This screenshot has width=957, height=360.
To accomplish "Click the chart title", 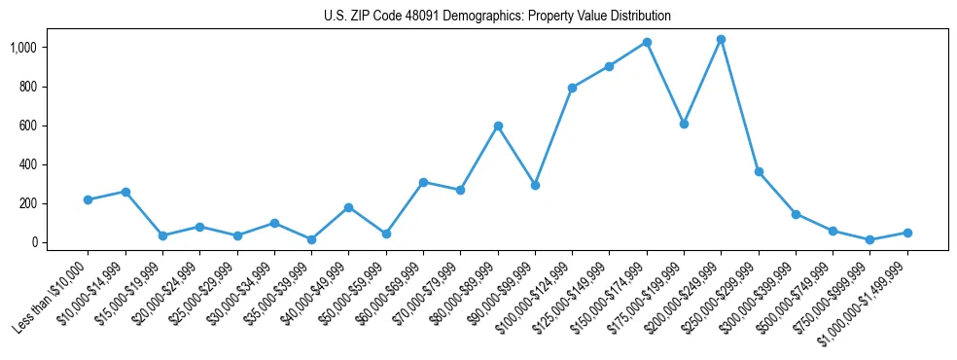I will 497,17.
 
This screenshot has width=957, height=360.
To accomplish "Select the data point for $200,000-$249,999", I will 721,40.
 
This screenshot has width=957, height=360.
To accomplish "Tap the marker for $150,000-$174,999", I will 647,43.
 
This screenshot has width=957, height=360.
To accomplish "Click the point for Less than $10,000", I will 88,199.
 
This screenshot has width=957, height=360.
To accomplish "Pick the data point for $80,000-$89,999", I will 498,126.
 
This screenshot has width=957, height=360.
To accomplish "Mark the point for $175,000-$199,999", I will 684,125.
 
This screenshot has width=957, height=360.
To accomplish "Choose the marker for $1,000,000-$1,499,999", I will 907,233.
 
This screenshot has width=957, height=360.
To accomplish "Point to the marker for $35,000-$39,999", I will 311,239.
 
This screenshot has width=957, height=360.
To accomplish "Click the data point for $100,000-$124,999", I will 572,88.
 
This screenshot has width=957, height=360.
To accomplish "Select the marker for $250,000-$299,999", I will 759,171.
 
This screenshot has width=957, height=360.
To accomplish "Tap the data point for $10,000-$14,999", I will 124,192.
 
